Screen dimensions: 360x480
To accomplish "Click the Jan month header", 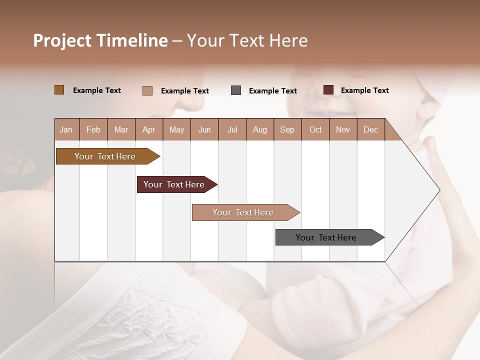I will click(66, 129).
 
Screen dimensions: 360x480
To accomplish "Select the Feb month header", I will click(93, 129).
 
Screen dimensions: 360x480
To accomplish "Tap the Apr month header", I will click(148, 129).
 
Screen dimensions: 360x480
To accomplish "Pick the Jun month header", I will click(204, 129).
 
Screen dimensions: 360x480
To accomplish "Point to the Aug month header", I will click(259, 129).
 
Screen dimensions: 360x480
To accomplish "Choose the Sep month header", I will click(287, 129).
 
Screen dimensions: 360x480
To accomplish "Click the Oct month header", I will click(315, 129).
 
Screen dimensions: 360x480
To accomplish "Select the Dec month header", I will click(370, 129).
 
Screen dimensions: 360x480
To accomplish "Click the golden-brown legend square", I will click(59, 90).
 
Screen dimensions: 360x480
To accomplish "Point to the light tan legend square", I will click(147, 90).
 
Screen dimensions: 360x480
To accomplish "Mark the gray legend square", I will click(236, 90).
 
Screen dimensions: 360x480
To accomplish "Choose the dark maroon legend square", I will click(328, 90).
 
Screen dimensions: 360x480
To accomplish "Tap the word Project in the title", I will click(62, 40).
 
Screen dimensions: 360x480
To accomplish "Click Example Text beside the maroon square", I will click(364, 90).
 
